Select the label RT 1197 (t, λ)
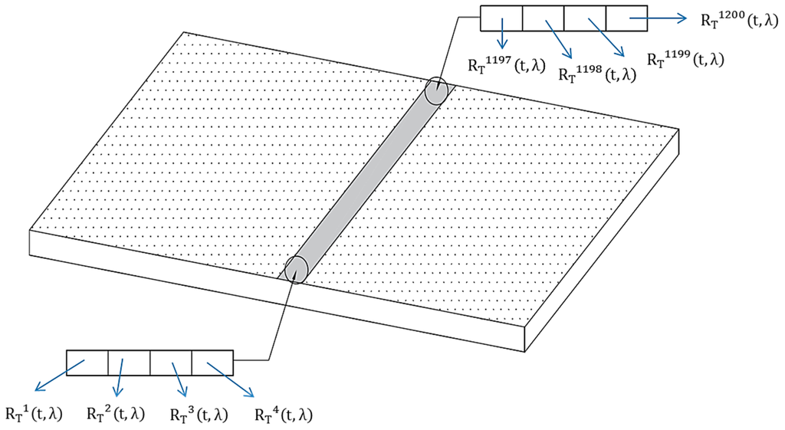[506, 65]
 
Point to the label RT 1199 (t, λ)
[685, 59]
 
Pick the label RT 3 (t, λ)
[198, 415]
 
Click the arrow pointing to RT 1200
[659, 19]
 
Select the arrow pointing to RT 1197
[503, 34]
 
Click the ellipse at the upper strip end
[436, 90]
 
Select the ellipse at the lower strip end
[296, 269]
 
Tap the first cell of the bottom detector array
[87, 363]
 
